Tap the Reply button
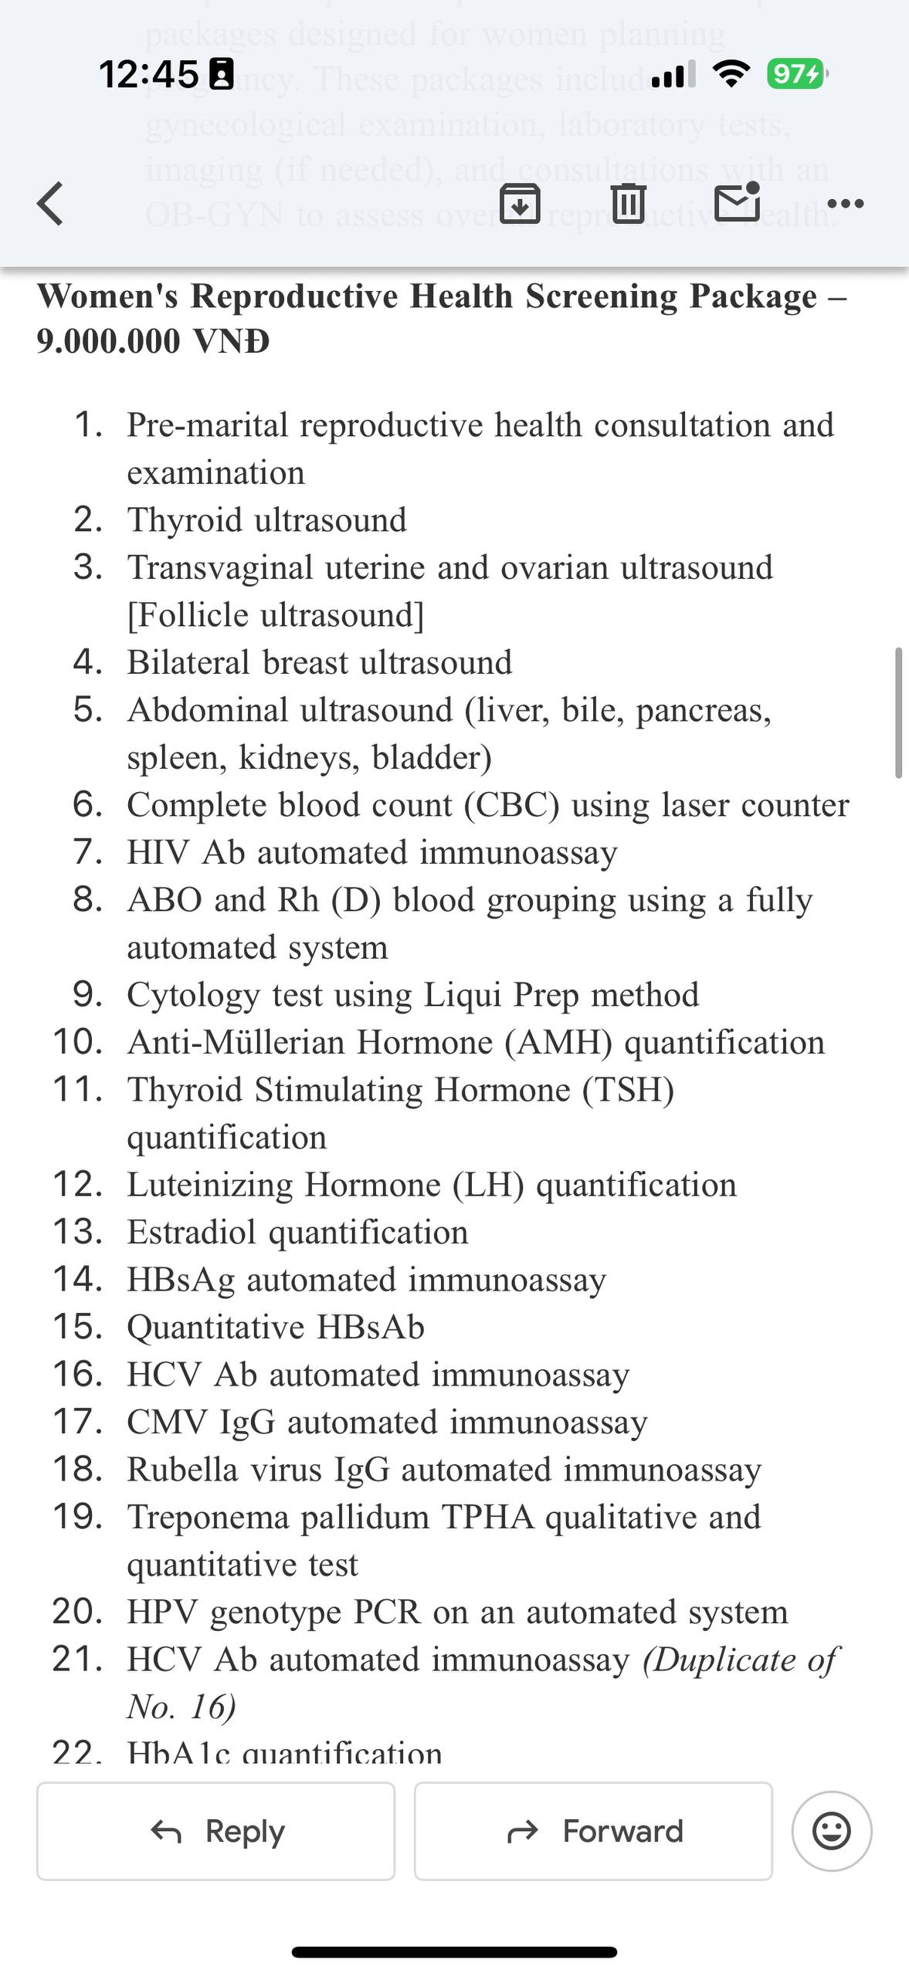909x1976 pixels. coord(216,1831)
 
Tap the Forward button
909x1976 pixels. coord(593,1831)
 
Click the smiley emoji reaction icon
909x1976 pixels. coord(832,1831)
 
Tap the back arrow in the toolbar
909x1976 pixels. coord(50,204)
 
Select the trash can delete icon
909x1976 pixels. coord(628,203)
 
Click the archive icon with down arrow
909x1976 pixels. coord(520,203)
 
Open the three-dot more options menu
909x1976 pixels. coord(845,204)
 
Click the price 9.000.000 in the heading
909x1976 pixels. coord(108,341)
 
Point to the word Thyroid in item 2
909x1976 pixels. coord(185,520)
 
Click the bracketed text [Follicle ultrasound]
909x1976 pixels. coord(276,615)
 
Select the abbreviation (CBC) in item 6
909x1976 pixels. coord(511,805)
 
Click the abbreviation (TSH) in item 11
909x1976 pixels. coord(628,1090)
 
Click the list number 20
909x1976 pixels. coord(76,1612)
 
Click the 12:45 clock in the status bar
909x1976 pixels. coord(148,74)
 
